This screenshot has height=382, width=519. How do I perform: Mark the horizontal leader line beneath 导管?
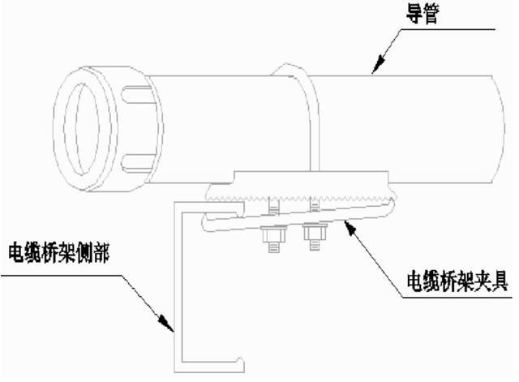tap(454, 30)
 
